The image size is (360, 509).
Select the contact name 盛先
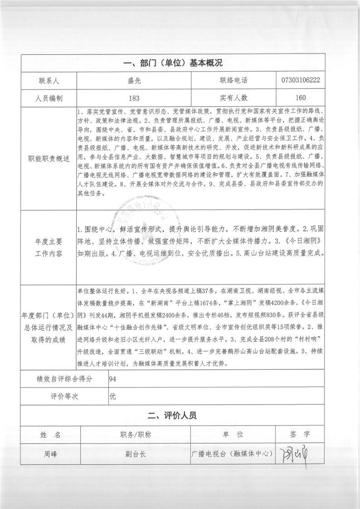134,80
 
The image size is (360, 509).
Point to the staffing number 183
134,98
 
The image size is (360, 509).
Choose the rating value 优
113,396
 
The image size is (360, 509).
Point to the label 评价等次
64,396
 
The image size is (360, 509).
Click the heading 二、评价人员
173,415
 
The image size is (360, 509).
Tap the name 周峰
49,453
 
